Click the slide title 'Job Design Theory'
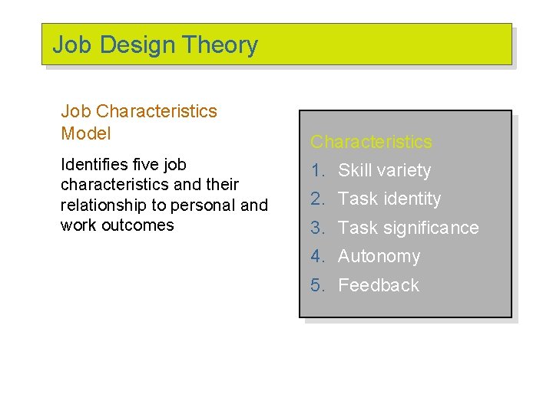[155, 45]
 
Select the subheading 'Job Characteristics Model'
[138, 122]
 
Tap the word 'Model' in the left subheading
[86, 133]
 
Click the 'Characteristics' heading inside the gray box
[371, 142]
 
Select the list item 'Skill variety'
[384, 170]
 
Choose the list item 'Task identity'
[389, 199]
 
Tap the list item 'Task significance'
[408, 228]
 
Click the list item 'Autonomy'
[379, 256]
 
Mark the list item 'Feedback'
[378, 285]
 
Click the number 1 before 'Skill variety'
[316, 170]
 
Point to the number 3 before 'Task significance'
[316, 228]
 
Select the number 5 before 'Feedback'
[316, 285]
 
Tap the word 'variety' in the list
[406, 171]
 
